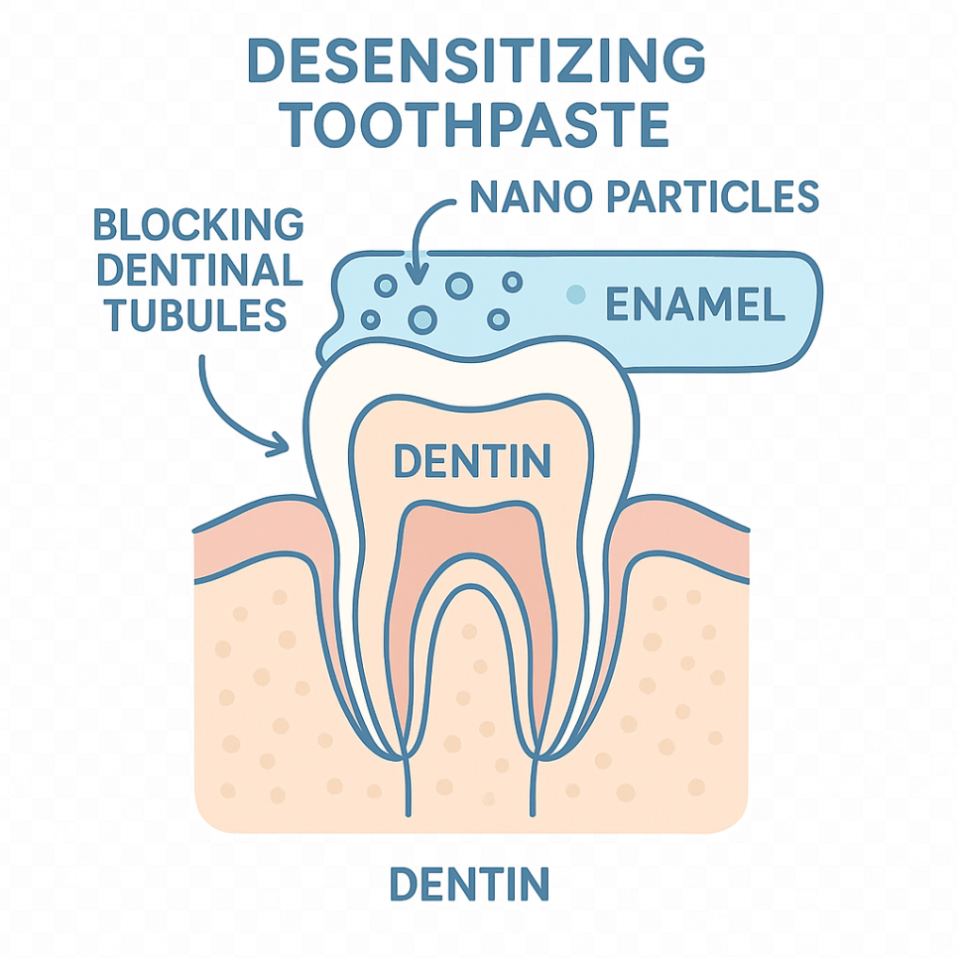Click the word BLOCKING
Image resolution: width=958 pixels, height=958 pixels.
(x=198, y=226)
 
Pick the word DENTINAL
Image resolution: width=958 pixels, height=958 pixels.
(x=198, y=271)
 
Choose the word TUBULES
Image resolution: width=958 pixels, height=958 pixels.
(x=196, y=315)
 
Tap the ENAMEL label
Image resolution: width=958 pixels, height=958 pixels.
(x=695, y=304)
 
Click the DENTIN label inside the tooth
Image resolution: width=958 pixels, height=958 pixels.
(x=472, y=460)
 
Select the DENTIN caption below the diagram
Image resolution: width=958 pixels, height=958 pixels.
(x=468, y=884)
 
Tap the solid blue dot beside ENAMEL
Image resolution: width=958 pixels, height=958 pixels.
(x=573, y=295)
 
